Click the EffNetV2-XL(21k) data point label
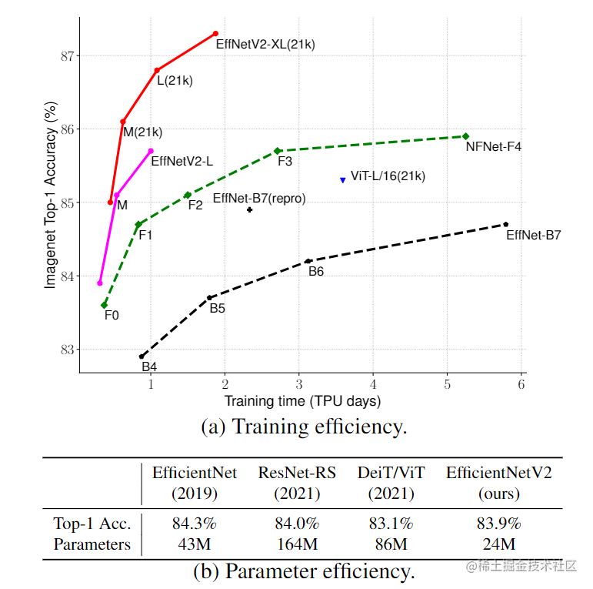click(x=265, y=45)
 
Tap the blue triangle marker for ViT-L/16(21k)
click(x=343, y=180)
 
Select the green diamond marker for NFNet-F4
click(x=465, y=136)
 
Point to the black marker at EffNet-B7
click(x=505, y=224)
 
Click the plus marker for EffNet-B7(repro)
click(x=250, y=209)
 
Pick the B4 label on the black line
click(x=149, y=366)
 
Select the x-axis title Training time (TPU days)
click(x=302, y=401)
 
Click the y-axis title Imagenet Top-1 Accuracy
click(x=51, y=198)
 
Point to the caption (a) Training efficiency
click(x=304, y=427)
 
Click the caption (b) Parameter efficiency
click(x=304, y=571)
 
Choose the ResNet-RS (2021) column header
click(x=297, y=483)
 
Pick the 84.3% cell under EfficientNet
click(x=195, y=524)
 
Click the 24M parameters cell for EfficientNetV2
click(x=498, y=544)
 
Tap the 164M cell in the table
click(x=297, y=544)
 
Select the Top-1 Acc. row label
click(x=92, y=524)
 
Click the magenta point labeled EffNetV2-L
click(x=151, y=151)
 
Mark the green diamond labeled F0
click(x=104, y=305)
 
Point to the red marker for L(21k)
click(x=157, y=70)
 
